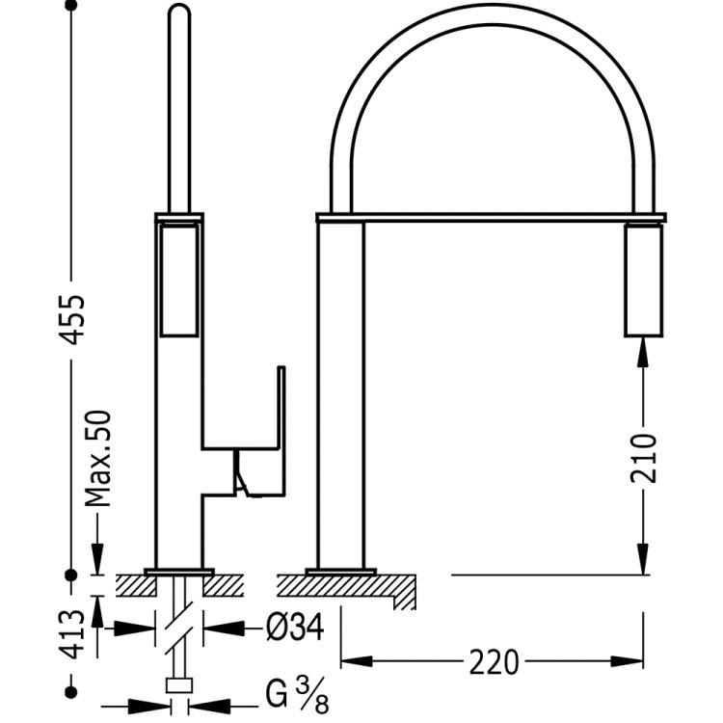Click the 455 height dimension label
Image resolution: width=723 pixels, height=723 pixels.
tap(73, 319)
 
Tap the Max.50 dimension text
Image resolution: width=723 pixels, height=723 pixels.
tap(99, 458)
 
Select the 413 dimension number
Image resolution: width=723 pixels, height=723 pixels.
tap(73, 634)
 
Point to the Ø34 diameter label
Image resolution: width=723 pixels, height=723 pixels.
tap(296, 628)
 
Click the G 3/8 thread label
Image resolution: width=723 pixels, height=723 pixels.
tap(297, 696)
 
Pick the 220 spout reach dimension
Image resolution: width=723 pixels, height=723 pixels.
tap(494, 662)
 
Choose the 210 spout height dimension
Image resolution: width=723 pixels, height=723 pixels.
tap(644, 457)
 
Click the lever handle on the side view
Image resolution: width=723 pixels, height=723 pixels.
tap(260, 433)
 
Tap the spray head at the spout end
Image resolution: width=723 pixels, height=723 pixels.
tap(644, 280)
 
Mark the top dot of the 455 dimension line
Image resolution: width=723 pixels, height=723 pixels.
tap(70, 6)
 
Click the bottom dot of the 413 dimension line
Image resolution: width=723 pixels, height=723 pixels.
tap(70, 691)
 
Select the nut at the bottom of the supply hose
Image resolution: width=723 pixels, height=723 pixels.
tap(179, 685)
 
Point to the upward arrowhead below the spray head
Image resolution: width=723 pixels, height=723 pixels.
tap(644, 352)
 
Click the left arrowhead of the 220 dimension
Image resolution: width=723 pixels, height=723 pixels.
tap(357, 661)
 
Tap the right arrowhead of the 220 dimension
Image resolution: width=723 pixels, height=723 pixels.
tap(628, 661)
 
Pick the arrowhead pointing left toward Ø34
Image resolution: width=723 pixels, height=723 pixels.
tap(224, 628)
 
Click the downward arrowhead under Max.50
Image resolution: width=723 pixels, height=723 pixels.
tap(97, 559)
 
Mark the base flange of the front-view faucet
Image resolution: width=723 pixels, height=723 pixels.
tap(340, 572)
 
